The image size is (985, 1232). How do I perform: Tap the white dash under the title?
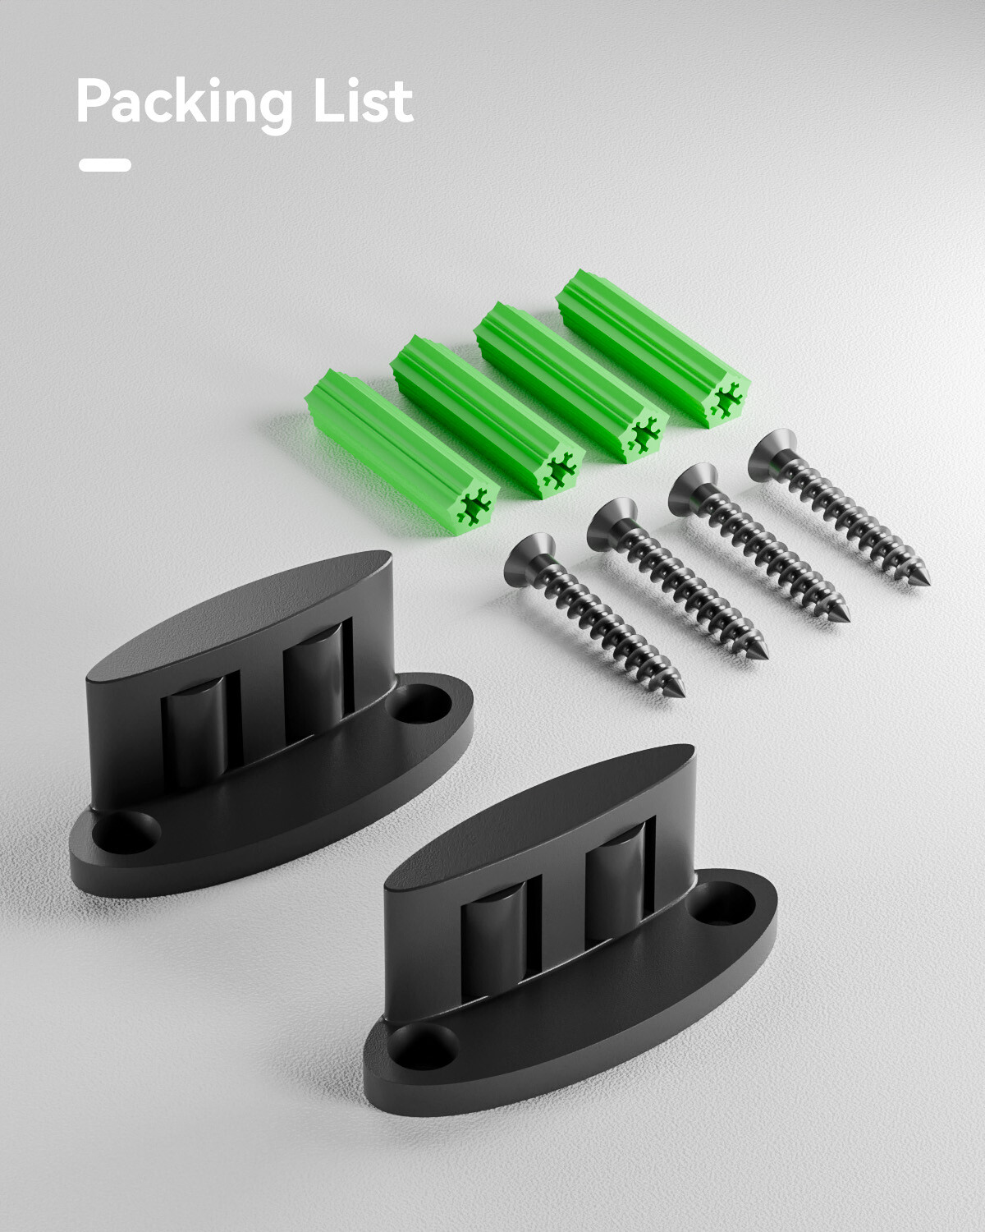point(105,165)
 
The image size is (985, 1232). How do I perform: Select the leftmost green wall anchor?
point(401,453)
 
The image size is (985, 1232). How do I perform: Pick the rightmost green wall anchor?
point(653,348)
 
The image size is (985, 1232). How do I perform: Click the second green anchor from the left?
point(488,416)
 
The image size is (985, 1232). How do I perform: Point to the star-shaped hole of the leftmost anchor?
point(474,507)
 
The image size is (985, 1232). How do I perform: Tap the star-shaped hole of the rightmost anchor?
point(727,398)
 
